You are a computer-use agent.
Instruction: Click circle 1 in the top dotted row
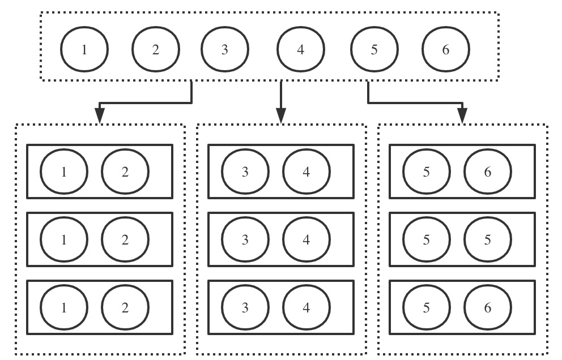84,50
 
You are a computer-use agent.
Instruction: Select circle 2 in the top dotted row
156,50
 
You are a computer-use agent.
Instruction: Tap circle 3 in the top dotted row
225,50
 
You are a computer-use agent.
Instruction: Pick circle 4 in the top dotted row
300,50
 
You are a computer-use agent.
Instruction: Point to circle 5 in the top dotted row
374,50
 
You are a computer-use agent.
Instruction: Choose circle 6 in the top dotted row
446,50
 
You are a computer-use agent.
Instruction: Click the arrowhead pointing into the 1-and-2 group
100,115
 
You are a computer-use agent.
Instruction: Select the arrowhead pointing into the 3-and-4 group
280,115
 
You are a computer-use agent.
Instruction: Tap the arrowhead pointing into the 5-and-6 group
462,115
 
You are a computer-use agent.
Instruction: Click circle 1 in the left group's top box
64,172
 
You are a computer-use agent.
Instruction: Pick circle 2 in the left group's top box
125,172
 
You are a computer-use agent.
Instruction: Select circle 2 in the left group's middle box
125,239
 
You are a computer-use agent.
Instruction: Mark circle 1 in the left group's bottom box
64,308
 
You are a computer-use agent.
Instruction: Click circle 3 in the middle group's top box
245,172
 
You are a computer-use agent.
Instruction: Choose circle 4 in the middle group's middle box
306,239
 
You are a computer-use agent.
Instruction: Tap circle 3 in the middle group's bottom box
245,308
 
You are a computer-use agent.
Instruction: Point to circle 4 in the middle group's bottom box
306,308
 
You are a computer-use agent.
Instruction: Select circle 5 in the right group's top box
427,172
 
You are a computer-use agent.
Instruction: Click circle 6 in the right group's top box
488,172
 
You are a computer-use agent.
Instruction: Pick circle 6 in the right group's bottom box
488,308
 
